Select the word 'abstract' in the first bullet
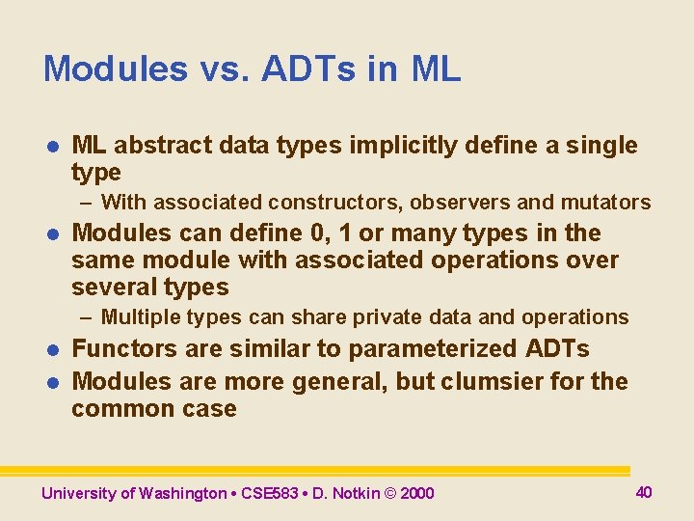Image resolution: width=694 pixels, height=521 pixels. point(154,146)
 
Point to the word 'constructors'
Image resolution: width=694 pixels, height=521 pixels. point(326,203)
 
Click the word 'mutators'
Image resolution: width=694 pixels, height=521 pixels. point(610,203)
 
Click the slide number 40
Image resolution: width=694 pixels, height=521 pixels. point(644,492)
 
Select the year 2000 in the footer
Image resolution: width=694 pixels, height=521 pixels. point(416,494)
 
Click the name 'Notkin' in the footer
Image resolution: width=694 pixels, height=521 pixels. point(357,494)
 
